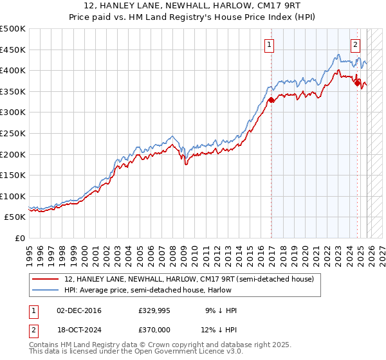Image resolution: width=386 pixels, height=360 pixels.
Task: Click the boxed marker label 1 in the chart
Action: pos(268,45)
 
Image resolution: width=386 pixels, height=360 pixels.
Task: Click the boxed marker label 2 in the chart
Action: pos(355,45)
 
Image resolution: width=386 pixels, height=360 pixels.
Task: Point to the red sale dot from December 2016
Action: pos(271,100)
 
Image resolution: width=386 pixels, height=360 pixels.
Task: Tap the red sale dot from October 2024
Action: pos(358,83)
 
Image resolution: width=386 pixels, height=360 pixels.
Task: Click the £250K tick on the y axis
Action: pos(14,133)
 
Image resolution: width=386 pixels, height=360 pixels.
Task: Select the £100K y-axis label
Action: pos(14,196)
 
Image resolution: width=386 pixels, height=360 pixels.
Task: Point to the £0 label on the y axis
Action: pos(21,238)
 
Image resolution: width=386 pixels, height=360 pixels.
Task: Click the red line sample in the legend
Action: pos(45,279)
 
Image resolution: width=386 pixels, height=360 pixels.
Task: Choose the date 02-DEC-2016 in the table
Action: pos(79,310)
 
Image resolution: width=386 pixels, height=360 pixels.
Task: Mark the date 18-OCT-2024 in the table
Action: pos(79,330)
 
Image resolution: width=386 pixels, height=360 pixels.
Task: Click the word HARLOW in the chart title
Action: pos(238,6)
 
